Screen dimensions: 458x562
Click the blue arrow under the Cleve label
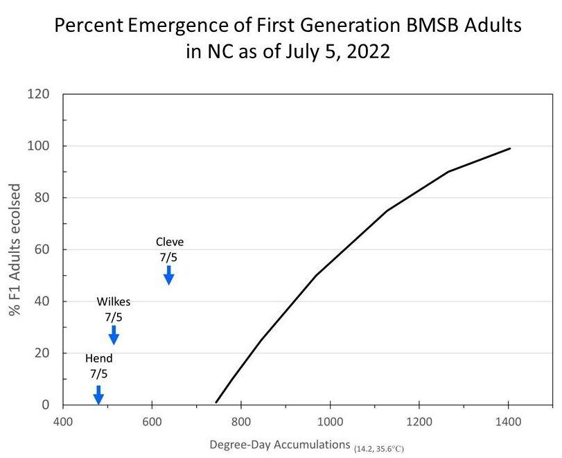[x=168, y=275]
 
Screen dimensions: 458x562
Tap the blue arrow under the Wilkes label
[x=114, y=335]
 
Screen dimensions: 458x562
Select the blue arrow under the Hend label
[x=98, y=394]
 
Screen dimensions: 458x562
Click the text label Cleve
[x=170, y=242]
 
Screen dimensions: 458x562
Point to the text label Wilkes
[x=114, y=301]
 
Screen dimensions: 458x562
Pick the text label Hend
[x=98, y=358]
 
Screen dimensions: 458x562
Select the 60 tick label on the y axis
[x=42, y=249]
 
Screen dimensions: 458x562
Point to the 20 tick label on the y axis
[x=42, y=353]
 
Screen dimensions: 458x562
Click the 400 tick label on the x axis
[x=63, y=421]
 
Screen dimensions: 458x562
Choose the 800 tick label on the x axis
[x=240, y=421]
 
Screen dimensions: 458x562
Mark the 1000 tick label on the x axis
[x=329, y=421]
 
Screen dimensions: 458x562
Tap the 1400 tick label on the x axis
[x=508, y=421]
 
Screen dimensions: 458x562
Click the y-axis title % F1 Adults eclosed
[x=15, y=249]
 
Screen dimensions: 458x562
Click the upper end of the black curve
[x=510, y=148]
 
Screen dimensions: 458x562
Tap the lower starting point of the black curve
[x=216, y=402]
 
